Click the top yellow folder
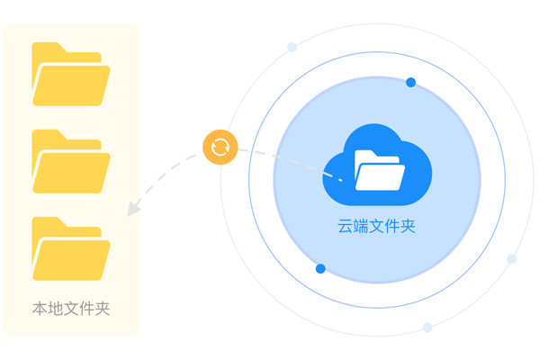tap(71, 74)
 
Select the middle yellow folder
tap(71, 161)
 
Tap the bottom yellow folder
tap(71, 248)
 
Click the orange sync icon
tap(220, 147)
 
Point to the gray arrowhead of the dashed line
tap(133, 209)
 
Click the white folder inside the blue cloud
tap(380, 170)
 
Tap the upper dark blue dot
tap(411, 82)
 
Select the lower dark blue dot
tap(320, 269)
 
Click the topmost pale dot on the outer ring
tap(292, 47)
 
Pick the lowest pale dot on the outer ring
tap(427, 328)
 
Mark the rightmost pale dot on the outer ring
tap(512, 259)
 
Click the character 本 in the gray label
tap(40, 309)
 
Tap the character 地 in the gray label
tap(56, 309)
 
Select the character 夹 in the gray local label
tap(103, 309)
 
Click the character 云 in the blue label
tap(345, 226)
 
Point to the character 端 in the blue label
tap(361, 226)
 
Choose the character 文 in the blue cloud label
tap(376, 226)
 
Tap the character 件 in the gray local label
tap(86, 309)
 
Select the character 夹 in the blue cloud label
tap(408, 226)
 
